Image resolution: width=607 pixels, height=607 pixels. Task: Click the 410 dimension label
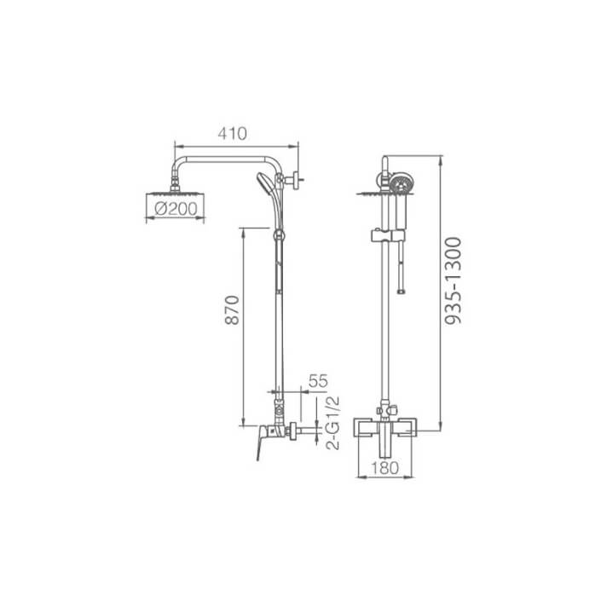click(x=233, y=133)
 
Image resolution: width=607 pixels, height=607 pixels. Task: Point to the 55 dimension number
click(x=317, y=381)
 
